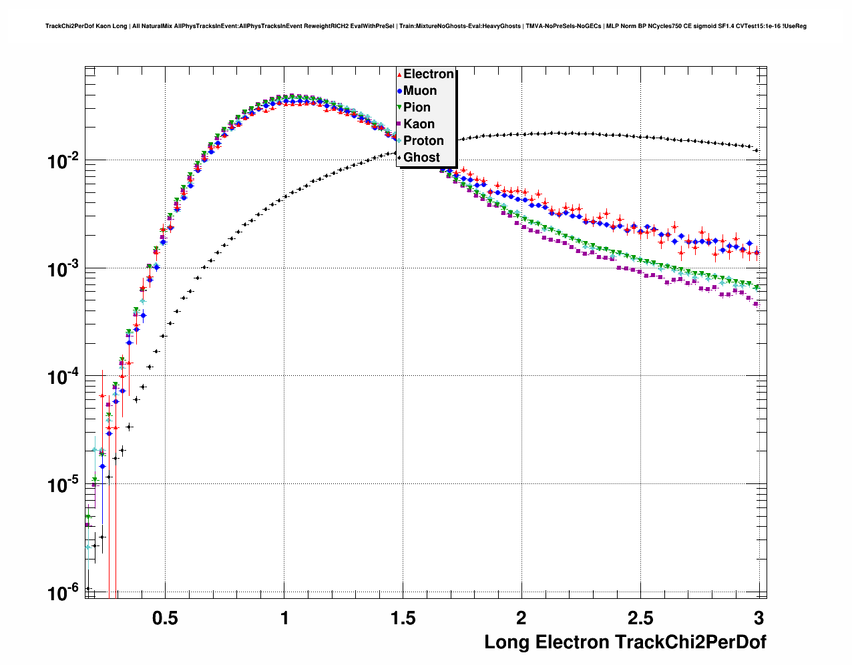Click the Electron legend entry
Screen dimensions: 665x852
[x=428, y=74]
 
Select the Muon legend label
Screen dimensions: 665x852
[x=420, y=91]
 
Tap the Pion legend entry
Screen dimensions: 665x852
[x=417, y=107]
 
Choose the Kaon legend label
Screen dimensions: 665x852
[x=419, y=124]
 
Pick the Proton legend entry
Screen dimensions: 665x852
[x=423, y=141]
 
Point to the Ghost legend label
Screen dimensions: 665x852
[x=421, y=158]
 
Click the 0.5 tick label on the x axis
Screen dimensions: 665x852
[x=165, y=618]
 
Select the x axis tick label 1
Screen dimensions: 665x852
[x=284, y=618]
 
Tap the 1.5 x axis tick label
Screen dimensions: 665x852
[x=403, y=618]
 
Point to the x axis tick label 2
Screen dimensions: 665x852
[x=521, y=618]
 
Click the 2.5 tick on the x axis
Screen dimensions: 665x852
[x=640, y=618]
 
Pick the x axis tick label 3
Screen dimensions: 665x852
[x=759, y=618]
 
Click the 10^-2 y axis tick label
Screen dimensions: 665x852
[x=63, y=161]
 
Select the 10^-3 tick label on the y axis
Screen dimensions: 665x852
[x=63, y=269]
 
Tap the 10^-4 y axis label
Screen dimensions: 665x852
[x=63, y=377]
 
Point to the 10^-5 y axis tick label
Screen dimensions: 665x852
[x=63, y=485]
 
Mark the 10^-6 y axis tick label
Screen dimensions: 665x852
[x=63, y=592]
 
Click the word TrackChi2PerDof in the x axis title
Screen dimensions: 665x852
[x=690, y=642]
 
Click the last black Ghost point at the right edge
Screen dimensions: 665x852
[x=757, y=150]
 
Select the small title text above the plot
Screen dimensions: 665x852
[x=426, y=26]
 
